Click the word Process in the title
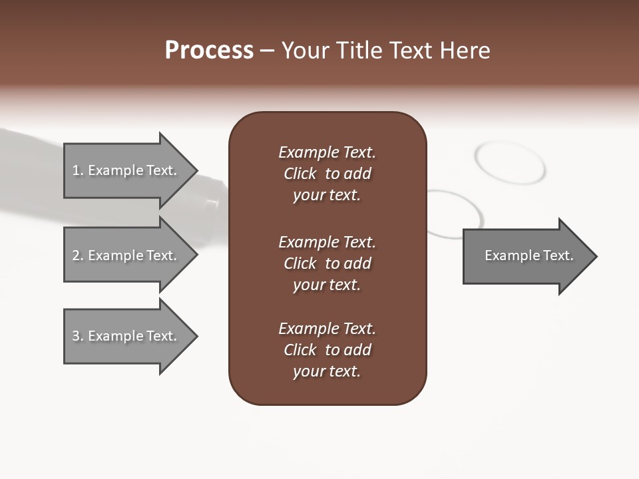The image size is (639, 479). pyautogui.click(x=209, y=51)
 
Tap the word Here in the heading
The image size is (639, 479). pyautogui.click(x=465, y=51)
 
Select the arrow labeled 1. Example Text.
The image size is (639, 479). pyautogui.click(x=126, y=170)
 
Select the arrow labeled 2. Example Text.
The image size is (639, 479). pyautogui.click(x=126, y=255)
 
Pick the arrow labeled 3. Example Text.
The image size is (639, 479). pyautogui.click(x=126, y=336)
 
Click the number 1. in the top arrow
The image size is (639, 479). pyautogui.click(x=78, y=170)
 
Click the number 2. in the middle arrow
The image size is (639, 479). pyautogui.click(x=78, y=255)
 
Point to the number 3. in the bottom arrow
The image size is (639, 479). pyautogui.click(x=78, y=336)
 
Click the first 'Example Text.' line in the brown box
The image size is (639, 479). pyautogui.click(x=327, y=152)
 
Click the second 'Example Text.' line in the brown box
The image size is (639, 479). pyautogui.click(x=327, y=242)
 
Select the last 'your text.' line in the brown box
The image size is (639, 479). pyautogui.click(x=327, y=371)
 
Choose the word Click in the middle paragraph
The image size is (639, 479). pyautogui.click(x=300, y=263)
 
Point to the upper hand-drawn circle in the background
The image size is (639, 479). pyautogui.click(x=510, y=162)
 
